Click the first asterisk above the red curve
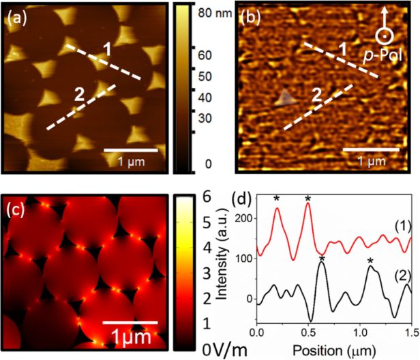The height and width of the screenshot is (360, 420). [277, 199]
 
